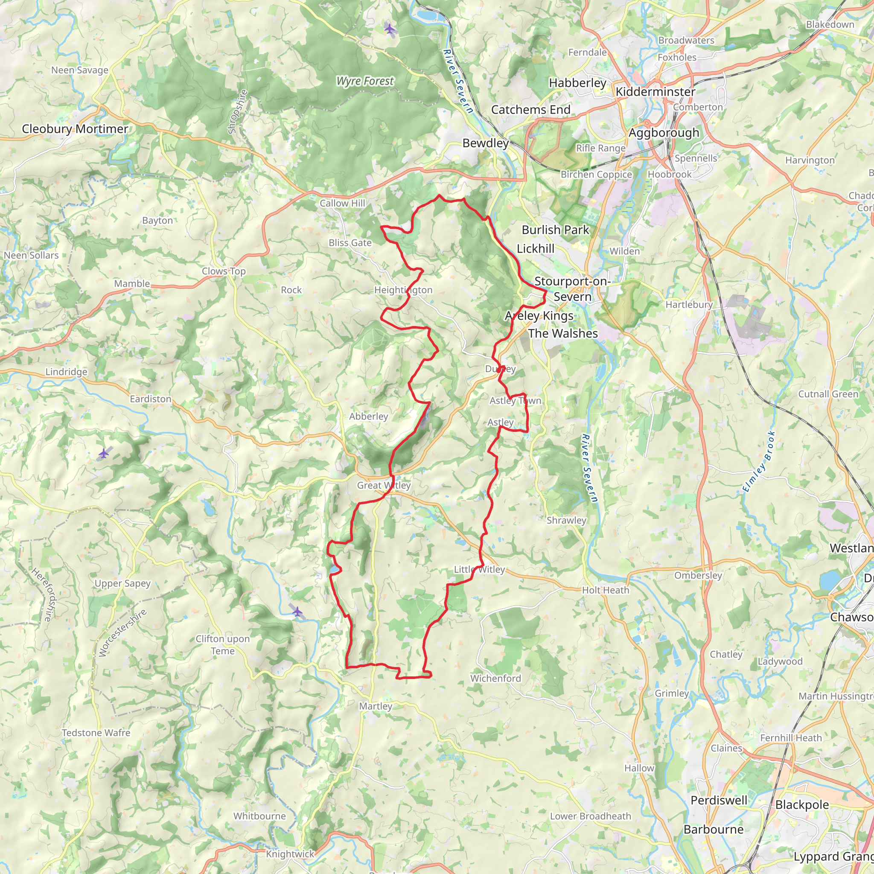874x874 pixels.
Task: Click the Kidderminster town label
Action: coord(655,92)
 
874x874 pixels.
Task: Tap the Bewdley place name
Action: coord(485,143)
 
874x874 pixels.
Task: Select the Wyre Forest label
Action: coord(364,82)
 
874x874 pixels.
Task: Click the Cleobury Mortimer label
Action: coord(75,129)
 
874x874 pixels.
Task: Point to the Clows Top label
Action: coord(224,271)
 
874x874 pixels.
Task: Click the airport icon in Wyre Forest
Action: coord(390,29)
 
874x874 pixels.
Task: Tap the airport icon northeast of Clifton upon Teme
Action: coord(297,612)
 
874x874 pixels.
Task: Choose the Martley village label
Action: coord(376,706)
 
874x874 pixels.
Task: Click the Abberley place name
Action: coord(368,416)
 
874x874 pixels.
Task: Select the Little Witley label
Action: coord(479,570)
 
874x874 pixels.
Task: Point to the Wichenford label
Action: coord(495,678)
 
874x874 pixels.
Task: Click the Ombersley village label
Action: coord(698,575)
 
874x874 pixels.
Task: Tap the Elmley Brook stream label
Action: coord(759,462)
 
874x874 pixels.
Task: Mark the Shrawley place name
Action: coord(566,520)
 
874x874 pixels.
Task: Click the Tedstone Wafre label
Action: coord(96,733)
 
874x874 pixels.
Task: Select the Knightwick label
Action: coord(289,854)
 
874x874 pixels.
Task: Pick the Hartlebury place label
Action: coord(688,305)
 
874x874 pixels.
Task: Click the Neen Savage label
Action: coord(80,70)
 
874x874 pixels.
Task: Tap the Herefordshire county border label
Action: coord(44,594)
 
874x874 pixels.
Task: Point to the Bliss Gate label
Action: coord(350,243)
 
